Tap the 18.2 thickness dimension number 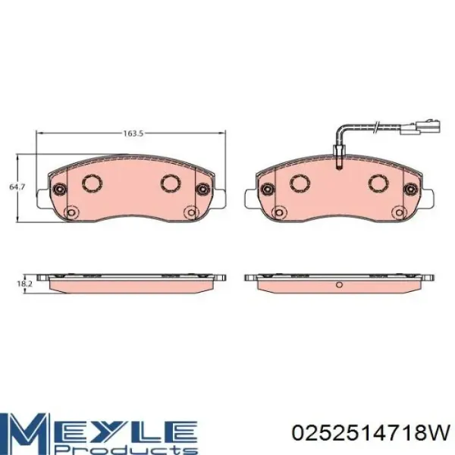click(24, 284)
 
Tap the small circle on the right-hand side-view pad click(340, 285)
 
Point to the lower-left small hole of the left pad click(73, 212)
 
